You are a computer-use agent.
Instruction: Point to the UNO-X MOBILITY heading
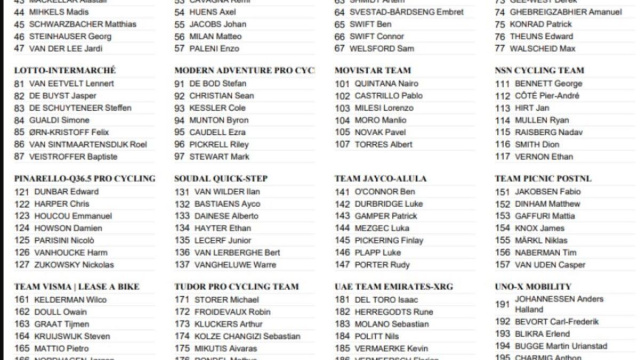coord(533,286)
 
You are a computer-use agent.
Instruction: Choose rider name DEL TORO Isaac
coord(391,299)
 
